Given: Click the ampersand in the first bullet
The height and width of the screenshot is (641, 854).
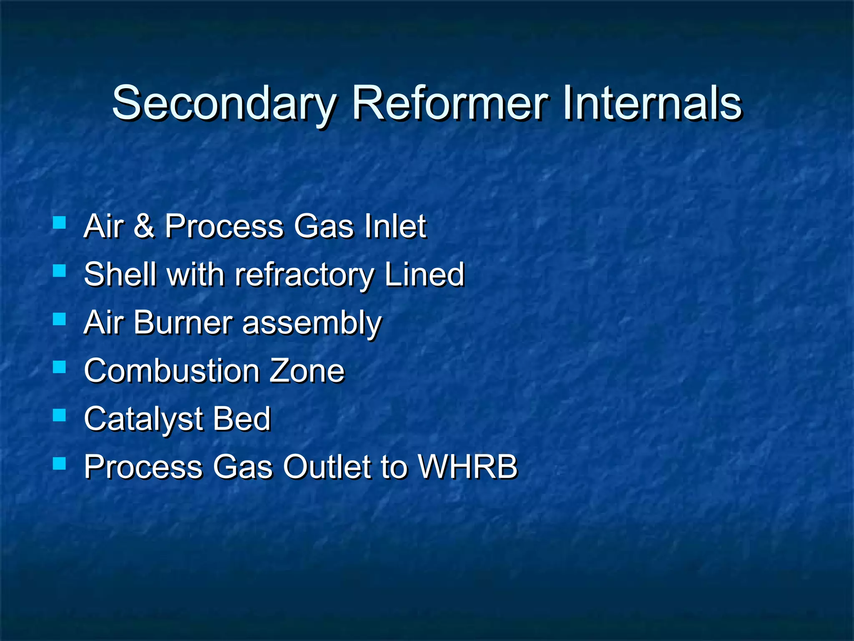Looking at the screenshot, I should coord(144,226).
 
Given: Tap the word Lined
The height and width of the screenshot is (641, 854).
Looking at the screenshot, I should coord(424,274).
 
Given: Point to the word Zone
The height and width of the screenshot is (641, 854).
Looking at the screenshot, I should coord(306,371).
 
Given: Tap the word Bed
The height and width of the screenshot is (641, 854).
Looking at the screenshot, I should coord(242,419).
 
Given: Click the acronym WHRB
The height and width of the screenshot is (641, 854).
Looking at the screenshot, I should coord(467,466).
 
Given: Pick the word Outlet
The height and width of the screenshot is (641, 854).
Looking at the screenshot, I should coord(327,466).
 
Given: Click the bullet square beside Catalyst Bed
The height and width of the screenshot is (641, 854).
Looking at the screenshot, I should coord(60,415).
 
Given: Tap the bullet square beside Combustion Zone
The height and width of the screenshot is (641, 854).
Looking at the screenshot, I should coord(60,367).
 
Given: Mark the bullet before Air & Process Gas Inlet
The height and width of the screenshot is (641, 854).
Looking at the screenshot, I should coord(60,222).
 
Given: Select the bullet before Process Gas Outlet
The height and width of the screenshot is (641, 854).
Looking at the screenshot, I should coord(60,463).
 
